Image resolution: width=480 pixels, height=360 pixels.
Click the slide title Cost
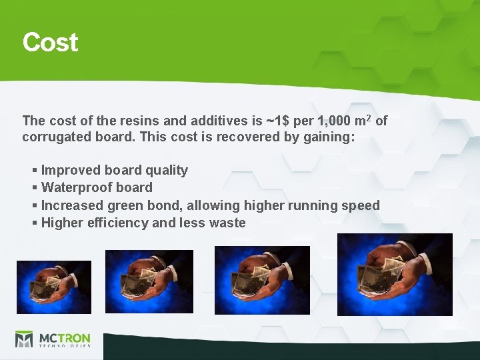50,42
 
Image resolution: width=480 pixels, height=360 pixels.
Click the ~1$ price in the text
278,121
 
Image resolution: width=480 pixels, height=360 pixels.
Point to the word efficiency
117,223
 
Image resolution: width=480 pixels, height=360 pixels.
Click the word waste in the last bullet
226,223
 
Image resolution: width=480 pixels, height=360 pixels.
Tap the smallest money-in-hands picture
54,287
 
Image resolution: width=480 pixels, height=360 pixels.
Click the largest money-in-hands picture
395,274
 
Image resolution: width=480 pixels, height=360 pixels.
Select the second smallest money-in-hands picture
149,282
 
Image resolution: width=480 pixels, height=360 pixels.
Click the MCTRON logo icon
24,339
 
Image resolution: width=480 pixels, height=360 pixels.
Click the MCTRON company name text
64,337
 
